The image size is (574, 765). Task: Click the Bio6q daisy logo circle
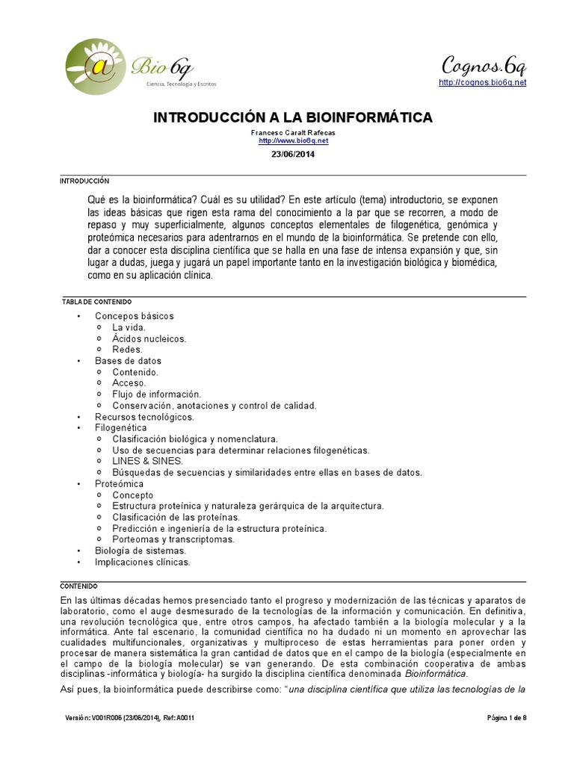[x=96, y=68]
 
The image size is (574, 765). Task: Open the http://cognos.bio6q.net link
[x=482, y=82]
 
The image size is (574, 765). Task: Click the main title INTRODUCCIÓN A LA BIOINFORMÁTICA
[x=293, y=117]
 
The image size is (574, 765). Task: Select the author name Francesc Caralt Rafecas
[x=293, y=132]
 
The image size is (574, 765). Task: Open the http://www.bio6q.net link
[x=293, y=140]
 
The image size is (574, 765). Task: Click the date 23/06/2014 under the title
[x=293, y=155]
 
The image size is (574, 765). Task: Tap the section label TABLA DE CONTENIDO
[x=96, y=302]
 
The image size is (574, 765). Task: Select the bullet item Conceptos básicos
[x=134, y=316]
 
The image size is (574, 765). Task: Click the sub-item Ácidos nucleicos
[x=149, y=338]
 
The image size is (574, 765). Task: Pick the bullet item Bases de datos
[x=128, y=361]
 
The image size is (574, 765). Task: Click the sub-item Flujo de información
[x=156, y=394]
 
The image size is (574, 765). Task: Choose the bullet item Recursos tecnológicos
[x=144, y=417]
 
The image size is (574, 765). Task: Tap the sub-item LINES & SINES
[x=147, y=461]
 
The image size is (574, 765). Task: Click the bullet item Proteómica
[x=119, y=483]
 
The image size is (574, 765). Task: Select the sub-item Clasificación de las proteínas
[x=176, y=517]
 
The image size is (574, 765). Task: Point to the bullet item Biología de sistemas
[x=140, y=551]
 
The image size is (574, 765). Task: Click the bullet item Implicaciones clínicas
[x=142, y=562]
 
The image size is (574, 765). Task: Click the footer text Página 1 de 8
[x=507, y=718]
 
